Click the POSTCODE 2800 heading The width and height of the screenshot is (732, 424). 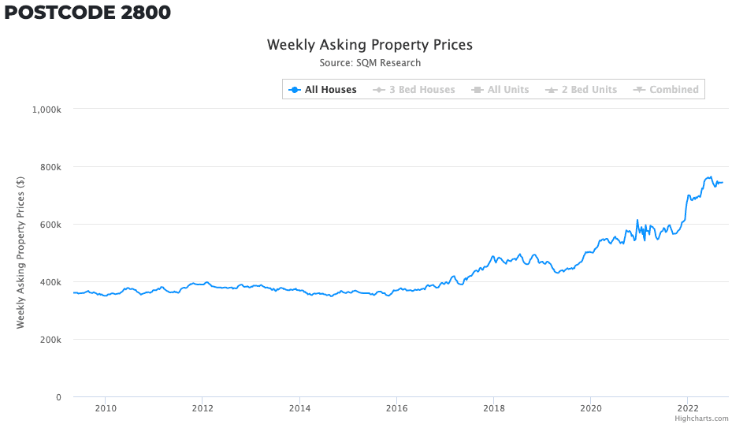tap(87, 12)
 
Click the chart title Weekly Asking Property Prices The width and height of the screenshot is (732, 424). tap(370, 45)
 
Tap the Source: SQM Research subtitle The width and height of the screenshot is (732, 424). tap(370, 63)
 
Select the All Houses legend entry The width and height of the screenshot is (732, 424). tap(322, 90)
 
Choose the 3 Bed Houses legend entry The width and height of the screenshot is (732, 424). tap(414, 90)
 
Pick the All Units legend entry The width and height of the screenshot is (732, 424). tap(500, 90)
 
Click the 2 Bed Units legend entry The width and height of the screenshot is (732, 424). tap(582, 90)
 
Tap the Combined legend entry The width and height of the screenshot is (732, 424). tap(666, 90)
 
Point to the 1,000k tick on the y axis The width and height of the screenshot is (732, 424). tap(46, 110)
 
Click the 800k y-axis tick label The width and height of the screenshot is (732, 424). tap(50, 167)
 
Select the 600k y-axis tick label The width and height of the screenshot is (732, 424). tap(50, 225)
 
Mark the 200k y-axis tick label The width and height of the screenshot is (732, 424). tap(50, 340)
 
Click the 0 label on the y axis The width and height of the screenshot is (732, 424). tap(58, 397)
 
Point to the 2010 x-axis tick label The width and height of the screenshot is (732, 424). tap(106, 408)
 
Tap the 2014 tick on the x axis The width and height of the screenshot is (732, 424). tap(299, 408)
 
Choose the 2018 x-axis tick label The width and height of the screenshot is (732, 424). tap(493, 408)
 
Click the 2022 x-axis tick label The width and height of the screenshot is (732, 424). tap(687, 408)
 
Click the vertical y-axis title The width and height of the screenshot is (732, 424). tap(20, 253)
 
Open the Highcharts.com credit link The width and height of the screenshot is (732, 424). tap(701, 418)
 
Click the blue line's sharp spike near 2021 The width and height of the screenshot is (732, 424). tap(637, 221)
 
